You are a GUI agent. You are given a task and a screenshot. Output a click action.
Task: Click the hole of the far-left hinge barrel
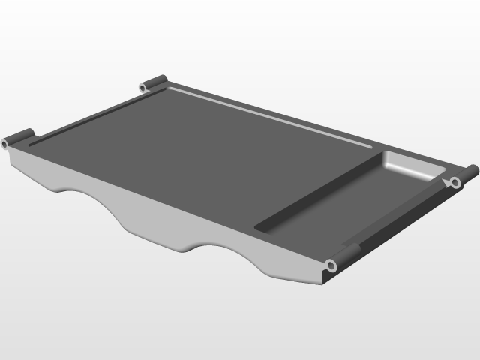tap(5, 142)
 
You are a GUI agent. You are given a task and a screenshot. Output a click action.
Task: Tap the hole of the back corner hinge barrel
tap(142, 88)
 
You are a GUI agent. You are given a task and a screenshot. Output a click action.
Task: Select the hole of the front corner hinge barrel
tap(330, 265)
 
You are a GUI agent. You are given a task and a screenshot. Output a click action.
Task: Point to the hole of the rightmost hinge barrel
tap(454, 182)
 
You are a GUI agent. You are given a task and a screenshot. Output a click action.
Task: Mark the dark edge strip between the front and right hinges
tap(397, 224)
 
